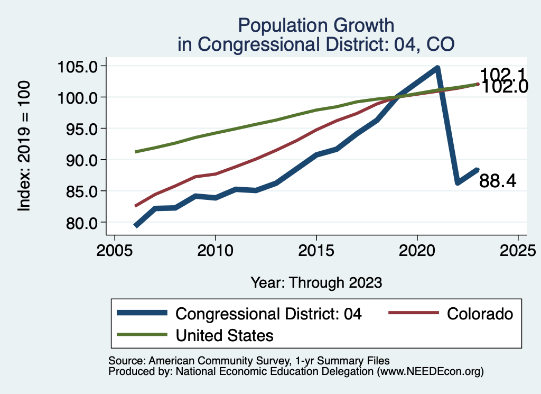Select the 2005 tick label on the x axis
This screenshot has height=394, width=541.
pyautogui.click(x=115, y=250)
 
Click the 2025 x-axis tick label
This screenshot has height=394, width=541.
pyautogui.click(x=518, y=250)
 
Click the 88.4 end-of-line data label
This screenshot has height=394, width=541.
pyautogui.click(x=498, y=181)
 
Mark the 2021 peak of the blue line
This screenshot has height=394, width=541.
pyautogui.click(x=437, y=68)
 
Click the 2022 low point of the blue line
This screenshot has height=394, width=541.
pyautogui.click(x=458, y=183)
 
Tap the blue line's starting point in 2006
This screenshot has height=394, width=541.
pyautogui.click(x=136, y=226)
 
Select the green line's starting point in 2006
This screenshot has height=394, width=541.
pyautogui.click(x=135, y=152)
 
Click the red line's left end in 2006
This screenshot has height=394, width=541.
pyautogui.click(x=135, y=206)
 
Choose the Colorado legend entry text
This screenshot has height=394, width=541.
pyautogui.click(x=480, y=314)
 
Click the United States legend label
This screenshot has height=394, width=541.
pyautogui.click(x=225, y=335)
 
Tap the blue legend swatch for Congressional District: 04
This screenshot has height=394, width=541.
pyautogui.click(x=143, y=314)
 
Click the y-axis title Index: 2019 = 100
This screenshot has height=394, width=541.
pyautogui.click(x=24, y=146)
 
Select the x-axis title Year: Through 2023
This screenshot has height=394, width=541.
pyautogui.click(x=316, y=282)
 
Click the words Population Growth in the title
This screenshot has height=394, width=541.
pyautogui.click(x=316, y=25)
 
